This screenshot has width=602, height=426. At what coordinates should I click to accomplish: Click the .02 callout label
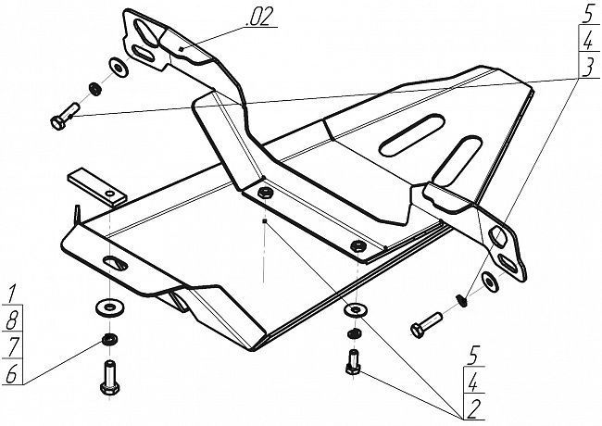[x=261, y=18]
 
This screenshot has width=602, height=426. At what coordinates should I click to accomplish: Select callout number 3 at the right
[x=588, y=68]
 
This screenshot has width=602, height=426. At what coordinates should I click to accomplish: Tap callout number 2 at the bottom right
[x=473, y=409]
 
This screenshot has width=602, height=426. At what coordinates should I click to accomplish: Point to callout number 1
[x=11, y=294]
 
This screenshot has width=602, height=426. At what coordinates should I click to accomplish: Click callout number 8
[x=11, y=319]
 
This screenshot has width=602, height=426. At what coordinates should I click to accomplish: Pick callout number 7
[x=12, y=346]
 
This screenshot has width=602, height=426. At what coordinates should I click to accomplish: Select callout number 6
[x=11, y=373]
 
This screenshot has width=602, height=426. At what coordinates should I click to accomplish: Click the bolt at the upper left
[x=64, y=116]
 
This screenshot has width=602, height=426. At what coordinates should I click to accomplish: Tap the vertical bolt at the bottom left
[x=109, y=377]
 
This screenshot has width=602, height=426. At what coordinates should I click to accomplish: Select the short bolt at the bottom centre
[x=353, y=362]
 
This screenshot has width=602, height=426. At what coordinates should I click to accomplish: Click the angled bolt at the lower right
[x=426, y=325]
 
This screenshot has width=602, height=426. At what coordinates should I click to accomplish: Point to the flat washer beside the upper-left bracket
[x=119, y=68]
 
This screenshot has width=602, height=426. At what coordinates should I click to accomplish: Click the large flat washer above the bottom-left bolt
[x=110, y=307]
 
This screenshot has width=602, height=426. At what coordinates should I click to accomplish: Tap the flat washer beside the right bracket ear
[x=489, y=281]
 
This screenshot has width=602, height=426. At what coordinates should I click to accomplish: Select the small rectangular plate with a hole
[x=97, y=187]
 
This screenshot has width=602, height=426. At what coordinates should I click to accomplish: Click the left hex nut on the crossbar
[x=264, y=193]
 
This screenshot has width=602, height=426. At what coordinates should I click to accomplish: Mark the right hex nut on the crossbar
[x=358, y=244]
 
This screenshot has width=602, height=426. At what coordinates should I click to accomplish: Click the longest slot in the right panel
[x=411, y=134]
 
